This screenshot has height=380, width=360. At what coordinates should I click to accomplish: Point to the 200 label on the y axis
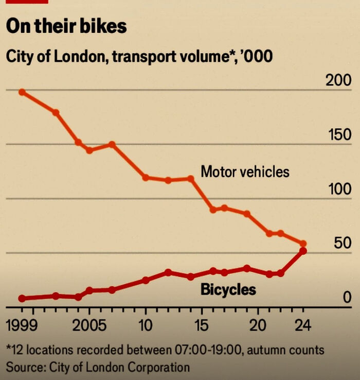point(338,81)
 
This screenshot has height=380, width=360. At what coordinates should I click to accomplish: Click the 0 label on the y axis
point(347,298)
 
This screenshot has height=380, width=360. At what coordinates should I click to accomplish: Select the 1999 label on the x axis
point(23,326)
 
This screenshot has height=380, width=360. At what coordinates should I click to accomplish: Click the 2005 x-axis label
point(89,326)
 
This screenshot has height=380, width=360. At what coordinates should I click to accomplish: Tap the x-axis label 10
point(146,326)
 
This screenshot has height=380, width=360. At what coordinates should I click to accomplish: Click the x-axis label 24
point(303,326)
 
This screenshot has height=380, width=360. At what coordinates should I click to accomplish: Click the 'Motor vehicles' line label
point(245,171)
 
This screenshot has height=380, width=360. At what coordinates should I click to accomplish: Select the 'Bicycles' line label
point(228,289)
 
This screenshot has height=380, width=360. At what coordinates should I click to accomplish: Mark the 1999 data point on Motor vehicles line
point(22,92)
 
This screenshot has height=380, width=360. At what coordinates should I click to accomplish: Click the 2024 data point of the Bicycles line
point(303,251)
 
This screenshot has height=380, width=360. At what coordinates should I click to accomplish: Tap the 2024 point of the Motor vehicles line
point(303,244)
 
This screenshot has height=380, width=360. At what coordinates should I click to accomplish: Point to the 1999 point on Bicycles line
point(22,298)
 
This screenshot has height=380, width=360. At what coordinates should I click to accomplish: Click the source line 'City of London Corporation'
point(98,367)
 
